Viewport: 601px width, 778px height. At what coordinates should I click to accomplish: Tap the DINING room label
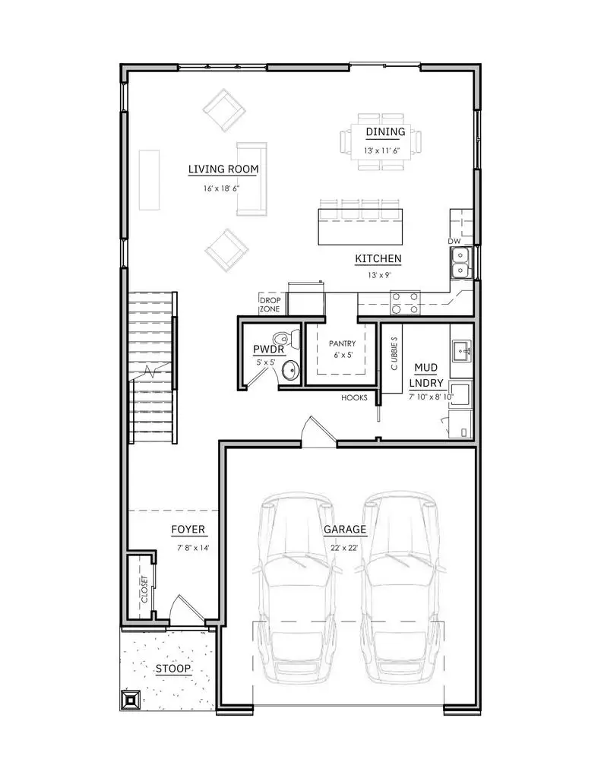[385, 131]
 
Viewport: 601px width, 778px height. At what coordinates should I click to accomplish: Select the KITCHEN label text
[378, 259]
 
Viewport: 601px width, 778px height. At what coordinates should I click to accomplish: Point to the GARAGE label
[345, 529]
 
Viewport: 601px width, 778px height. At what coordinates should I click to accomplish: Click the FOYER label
[188, 529]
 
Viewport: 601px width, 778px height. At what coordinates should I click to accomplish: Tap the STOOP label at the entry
[173, 669]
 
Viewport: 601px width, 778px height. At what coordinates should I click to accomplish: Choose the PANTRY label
[342, 343]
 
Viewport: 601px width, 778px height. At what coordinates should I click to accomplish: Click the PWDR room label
[268, 349]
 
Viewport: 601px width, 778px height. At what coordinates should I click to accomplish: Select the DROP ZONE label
[270, 304]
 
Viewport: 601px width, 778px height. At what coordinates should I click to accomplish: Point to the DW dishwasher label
[454, 241]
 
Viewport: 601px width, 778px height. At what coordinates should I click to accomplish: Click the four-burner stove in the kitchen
[405, 302]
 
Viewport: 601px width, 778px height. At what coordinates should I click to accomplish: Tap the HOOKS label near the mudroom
[354, 397]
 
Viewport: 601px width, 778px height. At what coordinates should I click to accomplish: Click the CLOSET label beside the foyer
[144, 590]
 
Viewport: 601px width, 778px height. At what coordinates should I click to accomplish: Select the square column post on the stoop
[131, 699]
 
